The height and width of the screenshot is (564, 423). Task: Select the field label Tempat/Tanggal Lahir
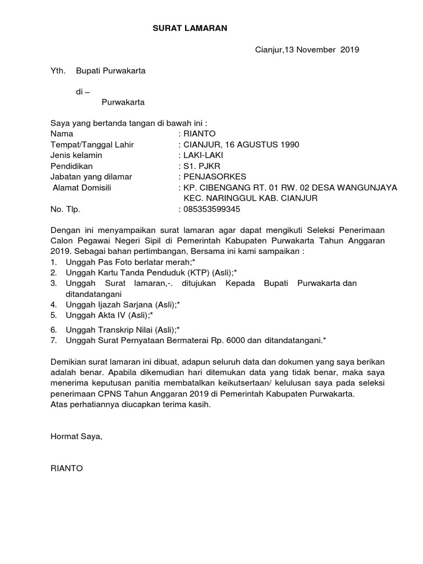(x=92, y=145)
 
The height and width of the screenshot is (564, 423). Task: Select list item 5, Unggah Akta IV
(x=109, y=315)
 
